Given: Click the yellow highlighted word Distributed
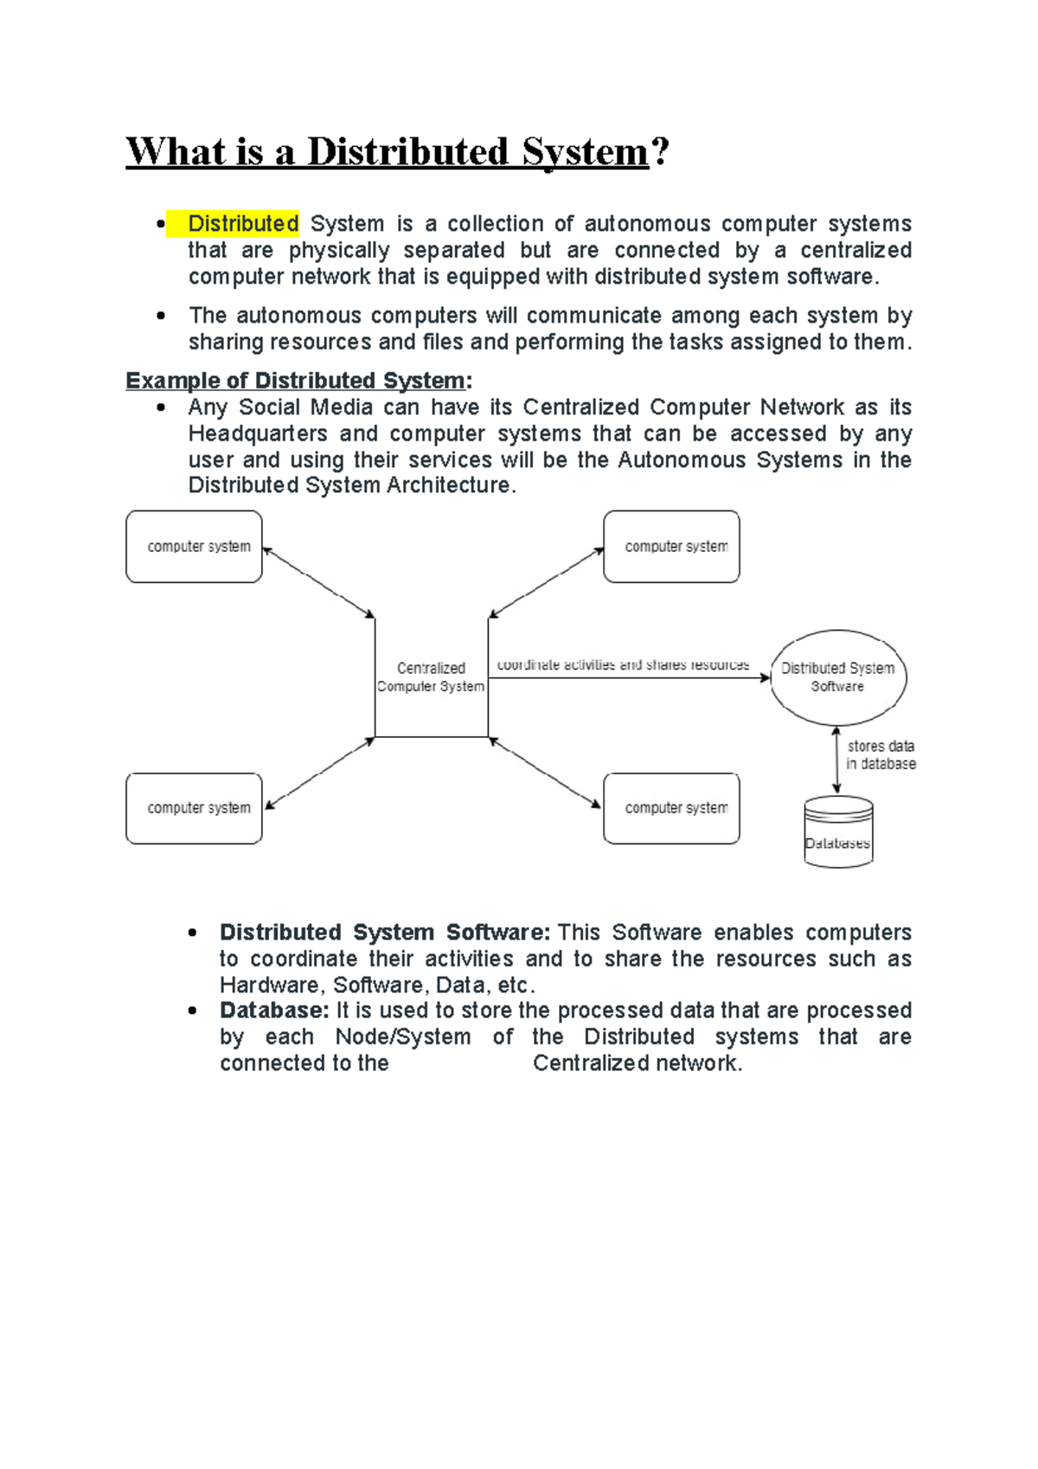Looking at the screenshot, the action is [243, 224].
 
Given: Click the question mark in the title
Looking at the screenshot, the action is [659, 152].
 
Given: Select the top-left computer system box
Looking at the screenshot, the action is [195, 547].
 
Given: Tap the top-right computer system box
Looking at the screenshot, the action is [671, 547].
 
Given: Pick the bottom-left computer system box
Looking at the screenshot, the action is [195, 808].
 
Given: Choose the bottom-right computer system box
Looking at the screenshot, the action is [671, 808].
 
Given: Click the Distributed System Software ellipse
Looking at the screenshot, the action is [837, 677].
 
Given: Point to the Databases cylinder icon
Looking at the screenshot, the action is [837, 832].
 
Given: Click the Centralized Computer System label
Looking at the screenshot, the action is [431, 677].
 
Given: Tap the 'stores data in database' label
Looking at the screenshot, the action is [881, 754].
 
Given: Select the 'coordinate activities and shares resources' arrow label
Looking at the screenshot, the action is [623, 665].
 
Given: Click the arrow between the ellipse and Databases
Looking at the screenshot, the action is [836, 760].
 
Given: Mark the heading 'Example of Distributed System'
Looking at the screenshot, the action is [295, 381].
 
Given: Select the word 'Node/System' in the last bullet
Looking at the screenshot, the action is [403, 1036].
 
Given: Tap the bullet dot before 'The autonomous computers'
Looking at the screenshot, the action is [161, 316].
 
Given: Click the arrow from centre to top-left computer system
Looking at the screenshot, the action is [318, 582].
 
